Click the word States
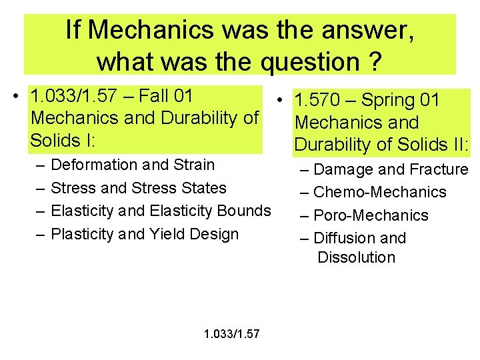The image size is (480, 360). tap(205, 188)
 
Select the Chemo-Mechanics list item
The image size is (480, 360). tap(379, 193)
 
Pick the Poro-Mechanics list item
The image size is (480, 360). tap(371, 215)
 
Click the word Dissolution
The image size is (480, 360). tap(356, 258)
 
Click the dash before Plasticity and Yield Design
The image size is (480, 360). tap(41, 234)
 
